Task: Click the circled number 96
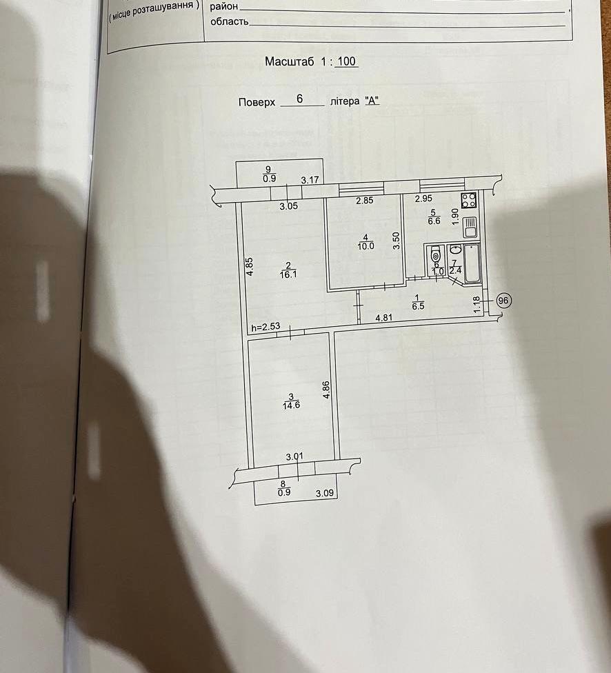[x=503, y=301]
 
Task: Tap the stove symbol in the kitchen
[x=468, y=200]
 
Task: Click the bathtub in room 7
[x=472, y=263]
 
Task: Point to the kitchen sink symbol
[x=470, y=226]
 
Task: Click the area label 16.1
[x=288, y=274]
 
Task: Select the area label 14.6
[x=291, y=405]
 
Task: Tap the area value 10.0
[x=365, y=246]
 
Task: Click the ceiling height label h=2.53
[x=266, y=328]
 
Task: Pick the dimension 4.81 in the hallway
[x=384, y=318]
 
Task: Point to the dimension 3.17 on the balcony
[x=310, y=180]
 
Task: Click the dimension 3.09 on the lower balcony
[x=325, y=493]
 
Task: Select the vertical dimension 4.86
[x=326, y=390]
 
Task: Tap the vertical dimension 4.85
[x=250, y=266]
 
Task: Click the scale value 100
[x=346, y=61]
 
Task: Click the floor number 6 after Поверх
[x=300, y=99]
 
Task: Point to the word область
[x=229, y=21]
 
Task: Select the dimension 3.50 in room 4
[x=397, y=241]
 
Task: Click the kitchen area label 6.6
[x=434, y=221]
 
